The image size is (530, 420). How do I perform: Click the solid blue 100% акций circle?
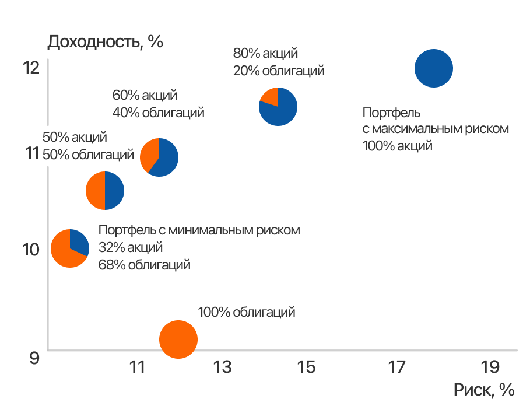pos(434,68)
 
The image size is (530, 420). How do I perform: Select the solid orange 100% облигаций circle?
pos(178,339)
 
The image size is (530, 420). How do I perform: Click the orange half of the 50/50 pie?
pos(95,191)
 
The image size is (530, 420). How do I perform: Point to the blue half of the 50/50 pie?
pos(114,191)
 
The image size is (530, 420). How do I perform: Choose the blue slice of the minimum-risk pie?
pos(79,241)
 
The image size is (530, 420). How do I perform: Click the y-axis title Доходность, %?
pos(105,42)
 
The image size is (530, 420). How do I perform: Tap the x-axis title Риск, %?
pos(484,390)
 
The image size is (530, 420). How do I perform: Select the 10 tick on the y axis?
pos(31,249)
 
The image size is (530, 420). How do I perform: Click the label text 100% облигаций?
pos(247,312)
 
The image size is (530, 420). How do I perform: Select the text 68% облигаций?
pos(145,265)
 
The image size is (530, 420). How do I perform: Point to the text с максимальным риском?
pos(436,128)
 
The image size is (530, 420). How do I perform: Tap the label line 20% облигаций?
pos(279,71)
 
